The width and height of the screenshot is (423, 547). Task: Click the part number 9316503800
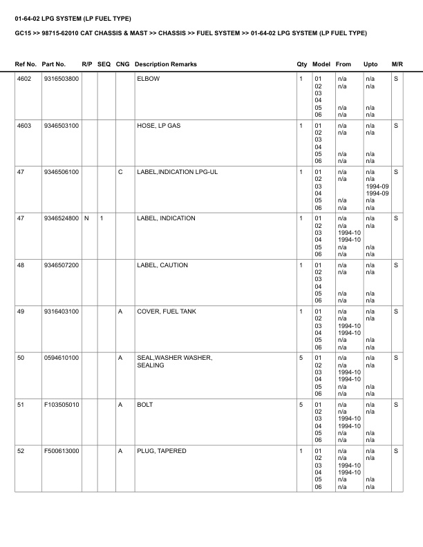coord(60,79)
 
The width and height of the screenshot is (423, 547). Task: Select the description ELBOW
coord(148,79)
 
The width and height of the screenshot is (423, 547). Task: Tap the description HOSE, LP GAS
coord(159,126)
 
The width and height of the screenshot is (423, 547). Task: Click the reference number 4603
coord(24,126)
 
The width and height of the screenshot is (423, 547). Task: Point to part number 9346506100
coord(60,172)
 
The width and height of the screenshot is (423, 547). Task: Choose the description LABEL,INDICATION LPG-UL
coord(177,172)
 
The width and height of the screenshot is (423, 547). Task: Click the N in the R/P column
coord(86,218)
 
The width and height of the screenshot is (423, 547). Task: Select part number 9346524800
coord(60,218)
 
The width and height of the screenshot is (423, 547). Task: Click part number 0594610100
coord(60,358)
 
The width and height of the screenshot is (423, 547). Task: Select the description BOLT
coord(145,405)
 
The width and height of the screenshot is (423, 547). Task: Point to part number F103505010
coord(60,405)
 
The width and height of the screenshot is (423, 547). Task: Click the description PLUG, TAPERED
coord(161,451)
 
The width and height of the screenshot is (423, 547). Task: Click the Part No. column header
coord(54,64)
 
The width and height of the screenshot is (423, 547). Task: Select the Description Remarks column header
coord(166,64)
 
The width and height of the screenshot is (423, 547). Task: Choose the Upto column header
coord(370,64)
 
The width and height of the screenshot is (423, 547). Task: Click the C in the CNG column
coord(120,172)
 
